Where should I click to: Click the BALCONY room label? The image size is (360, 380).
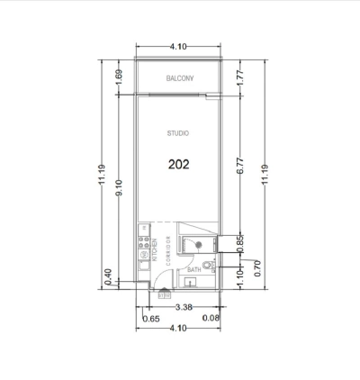coord(180,79)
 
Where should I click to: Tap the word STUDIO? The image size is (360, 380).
coord(178,133)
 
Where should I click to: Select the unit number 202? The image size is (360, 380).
coord(179,165)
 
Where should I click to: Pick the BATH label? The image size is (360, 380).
coord(194,269)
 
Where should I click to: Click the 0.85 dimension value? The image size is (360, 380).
coord(239,241)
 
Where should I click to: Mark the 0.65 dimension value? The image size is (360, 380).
coord(150,318)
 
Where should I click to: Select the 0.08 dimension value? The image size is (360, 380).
coord(211,318)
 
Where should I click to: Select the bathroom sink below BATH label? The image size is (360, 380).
coord(190,283)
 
